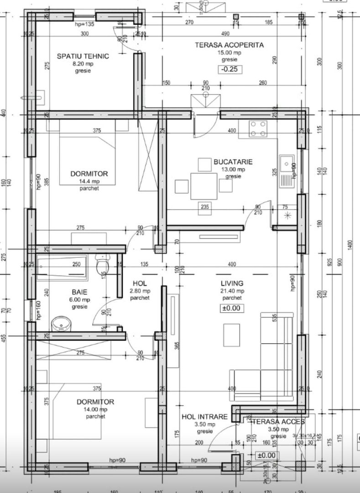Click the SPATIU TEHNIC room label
tap(83, 56)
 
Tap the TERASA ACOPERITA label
tap(229, 45)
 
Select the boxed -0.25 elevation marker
tap(230, 70)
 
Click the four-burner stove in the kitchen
tap(259, 129)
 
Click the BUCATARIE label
tap(233, 162)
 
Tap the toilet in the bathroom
tap(102, 265)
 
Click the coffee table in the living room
tap(232, 336)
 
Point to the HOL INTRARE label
tap(204, 417)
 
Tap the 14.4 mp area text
tap(89, 181)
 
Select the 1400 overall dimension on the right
tap(350, 246)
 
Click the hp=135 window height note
tap(84, 24)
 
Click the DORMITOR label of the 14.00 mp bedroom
tap(95, 402)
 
